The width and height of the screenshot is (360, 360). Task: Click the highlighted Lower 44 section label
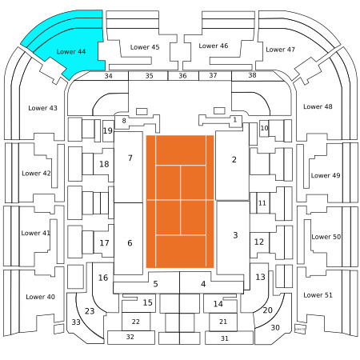click(x=71, y=51)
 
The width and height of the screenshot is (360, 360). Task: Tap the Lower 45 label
click(x=145, y=47)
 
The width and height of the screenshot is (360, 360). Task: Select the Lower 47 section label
click(x=280, y=50)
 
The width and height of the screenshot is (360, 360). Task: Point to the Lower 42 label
click(x=36, y=174)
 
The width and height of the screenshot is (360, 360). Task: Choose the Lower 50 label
click(x=326, y=237)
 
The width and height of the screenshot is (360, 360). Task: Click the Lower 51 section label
click(x=318, y=295)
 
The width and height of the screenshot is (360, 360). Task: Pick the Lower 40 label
click(x=40, y=297)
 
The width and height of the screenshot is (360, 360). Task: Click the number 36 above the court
click(x=182, y=76)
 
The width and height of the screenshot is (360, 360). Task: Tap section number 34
click(x=108, y=76)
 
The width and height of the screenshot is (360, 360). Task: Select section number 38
click(x=252, y=75)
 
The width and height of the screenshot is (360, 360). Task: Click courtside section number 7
click(x=130, y=158)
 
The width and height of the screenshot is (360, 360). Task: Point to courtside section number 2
click(x=234, y=159)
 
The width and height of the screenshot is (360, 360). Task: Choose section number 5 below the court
click(x=155, y=284)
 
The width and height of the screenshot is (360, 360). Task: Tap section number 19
click(x=108, y=131)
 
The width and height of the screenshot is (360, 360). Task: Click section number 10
click(x=264, y=128)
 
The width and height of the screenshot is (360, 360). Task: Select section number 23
click(x=90, y=311)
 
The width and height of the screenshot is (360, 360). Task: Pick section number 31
click(x=225, y=338)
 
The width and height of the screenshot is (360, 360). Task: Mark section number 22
click(x=135, y=322)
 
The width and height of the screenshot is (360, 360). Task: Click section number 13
click(x=260, y=277)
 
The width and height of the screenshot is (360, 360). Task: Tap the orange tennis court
click(x=180, y=202)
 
